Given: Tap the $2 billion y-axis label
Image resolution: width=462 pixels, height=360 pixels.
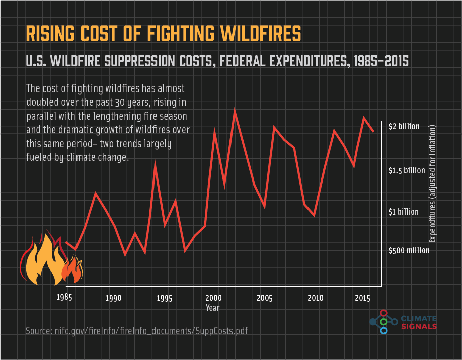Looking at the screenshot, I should pos(404,126).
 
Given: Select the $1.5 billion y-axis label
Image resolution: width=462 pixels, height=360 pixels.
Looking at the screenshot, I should pos(407,170).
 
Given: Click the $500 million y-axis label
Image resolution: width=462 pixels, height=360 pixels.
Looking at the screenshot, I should pos(409,250).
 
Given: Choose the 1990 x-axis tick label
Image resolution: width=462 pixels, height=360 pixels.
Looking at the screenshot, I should pos(114,298).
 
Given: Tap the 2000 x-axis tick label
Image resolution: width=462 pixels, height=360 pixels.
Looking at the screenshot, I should pos(213,297).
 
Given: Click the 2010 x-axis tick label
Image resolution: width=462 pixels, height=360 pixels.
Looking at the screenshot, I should pos(315,298).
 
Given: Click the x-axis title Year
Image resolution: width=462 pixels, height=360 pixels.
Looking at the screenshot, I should pos(213,307).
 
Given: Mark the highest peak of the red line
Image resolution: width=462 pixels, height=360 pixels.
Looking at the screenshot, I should pos(235,111).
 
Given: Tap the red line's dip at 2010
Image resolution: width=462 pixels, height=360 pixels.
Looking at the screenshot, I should pos(315,215).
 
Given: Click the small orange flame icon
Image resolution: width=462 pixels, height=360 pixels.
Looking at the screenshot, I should pos(72,270).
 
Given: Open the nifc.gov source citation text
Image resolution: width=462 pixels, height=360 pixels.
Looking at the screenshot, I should pos(137,331).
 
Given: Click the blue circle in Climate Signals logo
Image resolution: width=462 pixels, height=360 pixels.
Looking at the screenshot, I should pos(383,330).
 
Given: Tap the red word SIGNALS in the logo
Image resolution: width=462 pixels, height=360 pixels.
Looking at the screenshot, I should pos(419,327).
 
